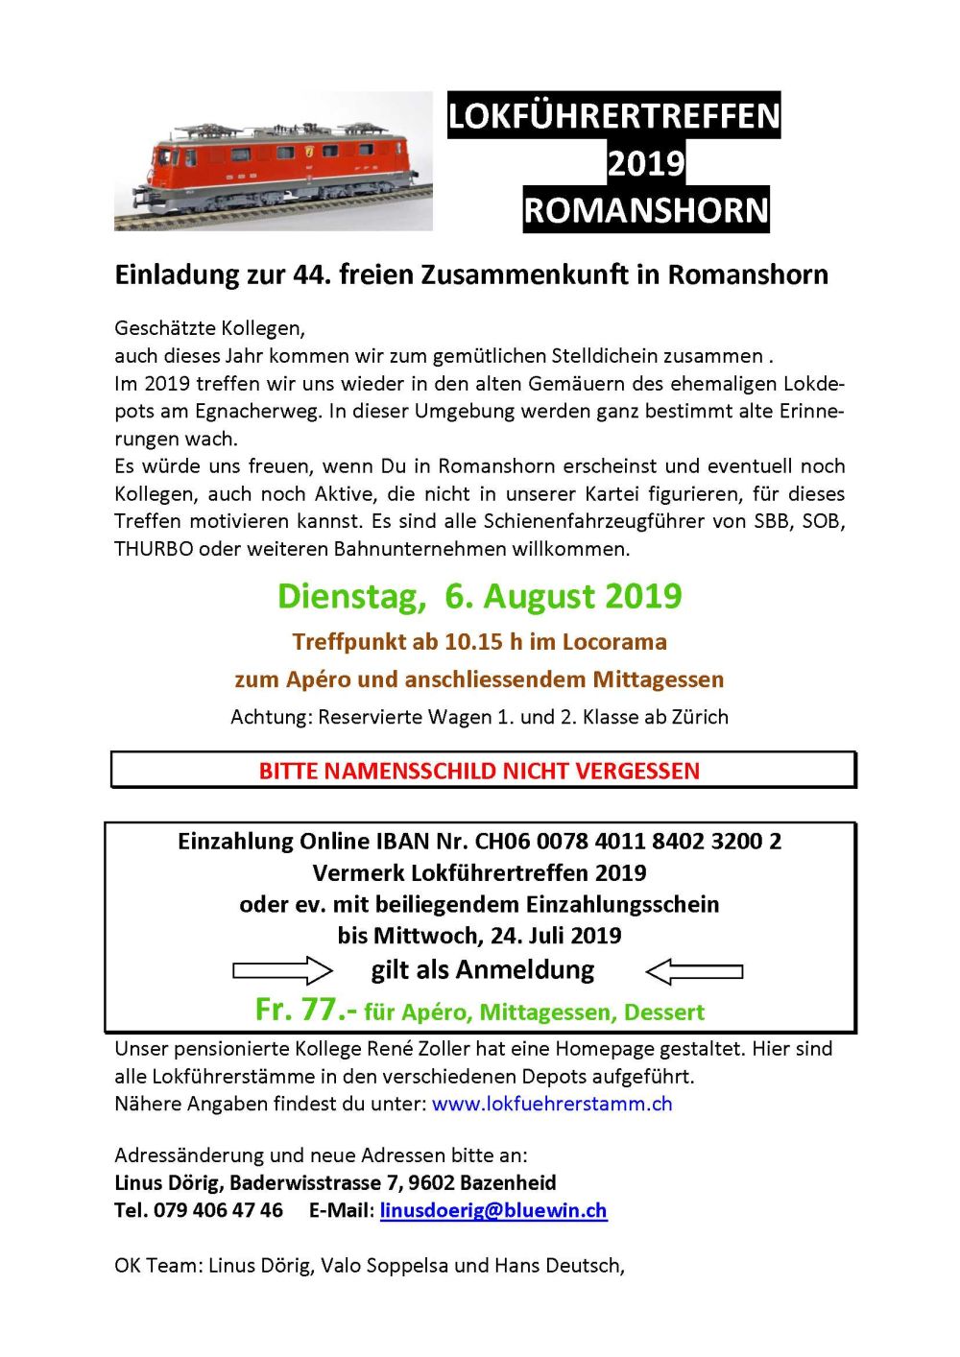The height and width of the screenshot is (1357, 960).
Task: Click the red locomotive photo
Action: pyautogui.click(x=273, y=161)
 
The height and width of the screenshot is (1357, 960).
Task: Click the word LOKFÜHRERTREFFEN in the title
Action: pyautogui.click(x=613, y=116)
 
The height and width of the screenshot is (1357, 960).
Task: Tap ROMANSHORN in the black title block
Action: pyautogui.click(x=646, y=210)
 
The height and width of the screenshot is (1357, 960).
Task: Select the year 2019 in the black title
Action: pyautogui.click(x=646, y=163)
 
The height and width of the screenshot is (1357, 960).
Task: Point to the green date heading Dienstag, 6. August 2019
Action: pyautogui.click(x=479, y=596)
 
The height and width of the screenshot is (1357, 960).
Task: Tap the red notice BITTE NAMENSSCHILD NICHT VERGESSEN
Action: pyautogui.click(x=479, y=771)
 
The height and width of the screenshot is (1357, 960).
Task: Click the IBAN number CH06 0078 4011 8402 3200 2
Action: pyautogui.click(x=628, y=842)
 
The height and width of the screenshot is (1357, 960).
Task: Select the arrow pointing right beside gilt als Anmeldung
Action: pyautogui.click(x=282, y=970)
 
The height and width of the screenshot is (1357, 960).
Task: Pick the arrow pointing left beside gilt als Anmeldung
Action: pyautogui.click(x=694, y=971)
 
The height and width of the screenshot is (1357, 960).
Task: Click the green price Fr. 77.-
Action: pyautogui.click(x=306, y=1010)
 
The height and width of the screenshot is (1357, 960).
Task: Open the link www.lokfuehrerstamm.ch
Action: pyautogui.click(x=552, y=1104)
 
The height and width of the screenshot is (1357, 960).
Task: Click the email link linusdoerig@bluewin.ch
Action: pyautogui.click(x=493, y=1210)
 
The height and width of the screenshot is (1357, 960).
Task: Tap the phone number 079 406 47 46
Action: pyautogui.click(x=218, y=1210)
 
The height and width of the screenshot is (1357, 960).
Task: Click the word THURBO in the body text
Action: pyautogui.click(x=154, y=550)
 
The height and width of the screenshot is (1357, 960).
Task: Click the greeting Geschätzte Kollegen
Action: pyautogui.click(x=208, y=329)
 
